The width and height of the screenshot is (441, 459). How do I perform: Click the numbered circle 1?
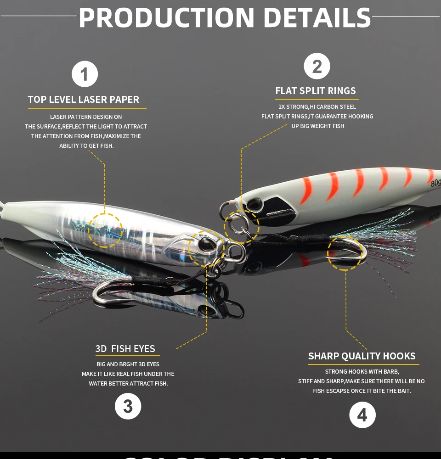point(85,74)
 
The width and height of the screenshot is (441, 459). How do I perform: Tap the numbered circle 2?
point(317,66)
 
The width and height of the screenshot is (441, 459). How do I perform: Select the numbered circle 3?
point(128,406)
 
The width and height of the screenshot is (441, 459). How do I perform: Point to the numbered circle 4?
point(362,415)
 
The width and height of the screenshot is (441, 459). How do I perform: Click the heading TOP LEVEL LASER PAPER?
point(84,100)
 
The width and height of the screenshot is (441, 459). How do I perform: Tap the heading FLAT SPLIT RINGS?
point(316,91)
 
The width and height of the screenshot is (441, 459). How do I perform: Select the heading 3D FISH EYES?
point(125,349)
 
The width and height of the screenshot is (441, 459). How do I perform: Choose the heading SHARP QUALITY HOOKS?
point(362,356)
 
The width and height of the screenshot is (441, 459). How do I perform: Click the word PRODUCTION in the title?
point(166,17)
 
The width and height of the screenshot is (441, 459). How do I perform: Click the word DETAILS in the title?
point(317,17)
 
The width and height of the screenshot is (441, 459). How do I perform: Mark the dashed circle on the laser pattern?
point(105,230)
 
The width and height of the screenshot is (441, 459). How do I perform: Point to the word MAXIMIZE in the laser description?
point(117,136)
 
